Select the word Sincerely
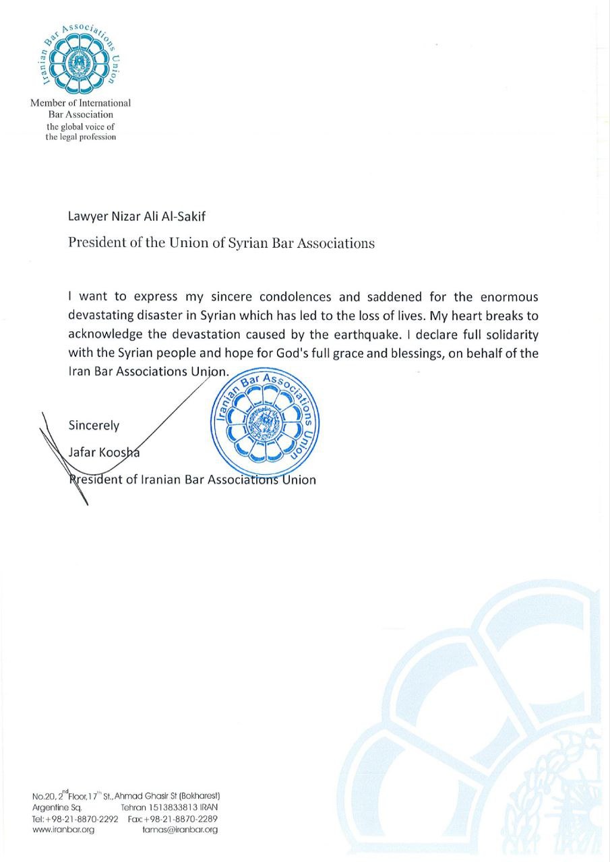click(x=94, y=426)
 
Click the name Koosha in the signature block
click(x=121, y=453)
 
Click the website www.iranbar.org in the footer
click(x=63, y=830)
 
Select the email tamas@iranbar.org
click(x=180, y=830)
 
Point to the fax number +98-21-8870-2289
click(x=181, y=819)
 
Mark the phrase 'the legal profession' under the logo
click(x=81, y=137)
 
